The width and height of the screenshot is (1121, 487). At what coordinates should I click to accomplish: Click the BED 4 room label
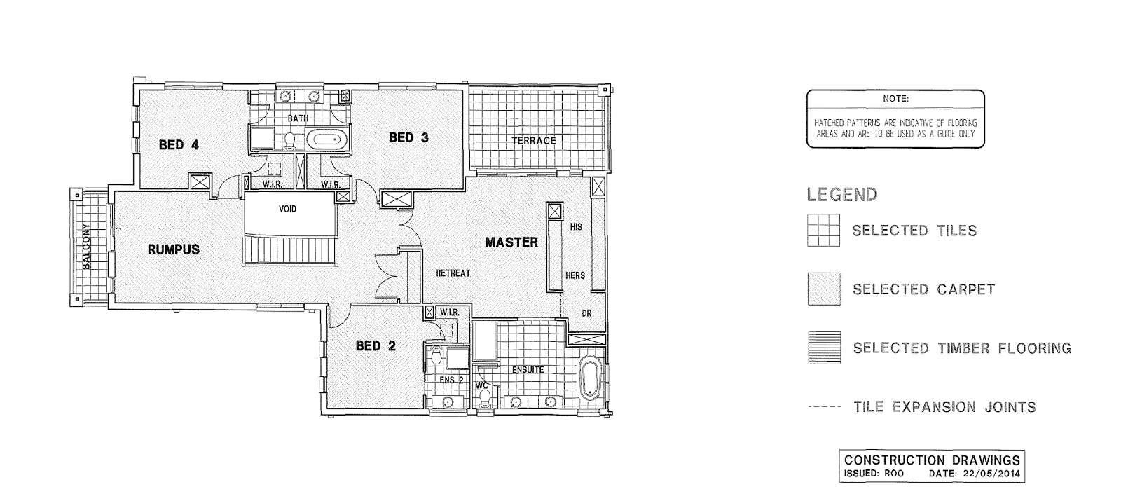click(179, 145)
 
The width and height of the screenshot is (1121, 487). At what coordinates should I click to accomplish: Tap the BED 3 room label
click(408, 137)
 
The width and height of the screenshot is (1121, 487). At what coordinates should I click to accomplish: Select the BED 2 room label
click(376, 345)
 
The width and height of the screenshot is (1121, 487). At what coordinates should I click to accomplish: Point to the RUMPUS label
click(173, 249)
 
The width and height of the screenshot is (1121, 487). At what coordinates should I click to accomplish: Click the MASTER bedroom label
click(511, 242)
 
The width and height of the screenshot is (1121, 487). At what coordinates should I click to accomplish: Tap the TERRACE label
click(533, 141)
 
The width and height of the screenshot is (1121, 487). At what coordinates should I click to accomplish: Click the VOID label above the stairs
click(287, 209)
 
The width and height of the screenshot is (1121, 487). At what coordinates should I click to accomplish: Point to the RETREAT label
click(453, 273)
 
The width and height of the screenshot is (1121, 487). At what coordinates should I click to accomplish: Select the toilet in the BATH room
click(289, 140)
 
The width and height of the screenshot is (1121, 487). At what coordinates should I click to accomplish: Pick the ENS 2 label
click(451, 380)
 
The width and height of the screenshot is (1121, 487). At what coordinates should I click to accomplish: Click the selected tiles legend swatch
click(823, 231)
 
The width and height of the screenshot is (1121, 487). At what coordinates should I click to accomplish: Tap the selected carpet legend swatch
click(823, 289)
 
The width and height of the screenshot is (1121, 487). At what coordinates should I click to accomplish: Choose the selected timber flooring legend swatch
click(823, 348)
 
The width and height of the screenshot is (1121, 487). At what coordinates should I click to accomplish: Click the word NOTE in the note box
click(895, 99)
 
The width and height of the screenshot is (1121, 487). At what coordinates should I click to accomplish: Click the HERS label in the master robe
click(575, 275)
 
